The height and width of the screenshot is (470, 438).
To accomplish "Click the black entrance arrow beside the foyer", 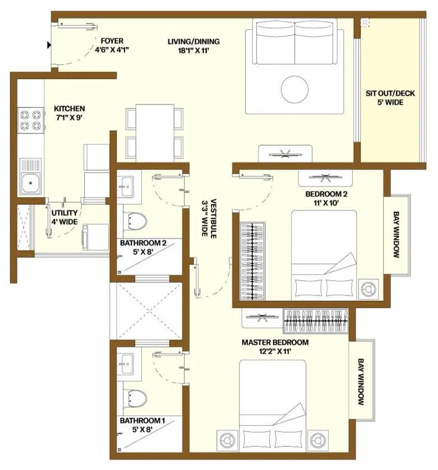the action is (x=49, y=45).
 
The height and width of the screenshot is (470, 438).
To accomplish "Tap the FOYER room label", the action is (x=112, y=41).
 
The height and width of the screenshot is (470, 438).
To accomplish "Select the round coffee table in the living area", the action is (x=294, y=89).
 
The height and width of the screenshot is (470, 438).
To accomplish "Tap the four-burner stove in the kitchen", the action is (x=31, y=120).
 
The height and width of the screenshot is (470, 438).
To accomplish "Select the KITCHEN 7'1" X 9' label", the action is (x=69, y=113).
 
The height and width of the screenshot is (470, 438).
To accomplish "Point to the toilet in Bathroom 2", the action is (x=135, y=221).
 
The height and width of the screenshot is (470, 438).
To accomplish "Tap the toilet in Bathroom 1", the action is (x=135, y=398).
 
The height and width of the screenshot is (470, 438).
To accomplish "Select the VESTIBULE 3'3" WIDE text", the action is (x=209, y=218).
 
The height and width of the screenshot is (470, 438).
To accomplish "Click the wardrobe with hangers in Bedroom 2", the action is (x=252, y=261).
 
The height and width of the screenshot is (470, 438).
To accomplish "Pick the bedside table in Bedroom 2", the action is (x=368, y=289).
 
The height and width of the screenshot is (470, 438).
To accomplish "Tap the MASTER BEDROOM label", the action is (x=275, y=343).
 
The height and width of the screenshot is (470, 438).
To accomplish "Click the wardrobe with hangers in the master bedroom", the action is (x=316, y=321).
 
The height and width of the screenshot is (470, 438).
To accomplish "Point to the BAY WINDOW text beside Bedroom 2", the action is (x=396, y=235).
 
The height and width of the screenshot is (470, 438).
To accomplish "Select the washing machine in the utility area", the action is (x=95, y=237).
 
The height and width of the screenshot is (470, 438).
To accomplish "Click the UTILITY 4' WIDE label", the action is (x=64, y=217).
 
